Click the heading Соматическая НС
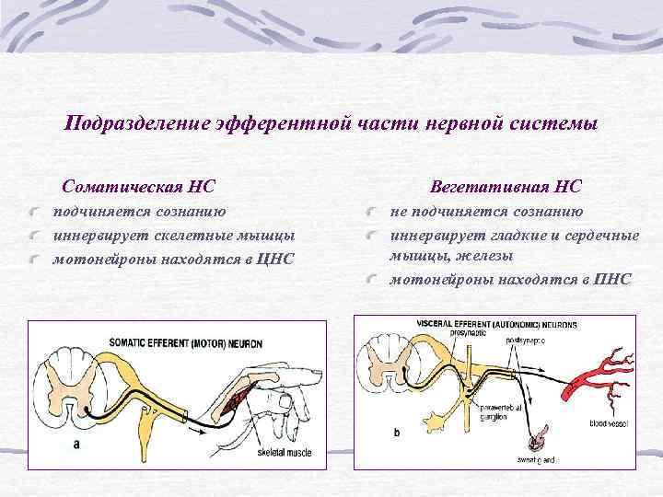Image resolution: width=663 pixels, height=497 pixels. coord(137,187)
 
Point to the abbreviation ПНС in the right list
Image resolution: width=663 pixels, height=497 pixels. coord(612,278)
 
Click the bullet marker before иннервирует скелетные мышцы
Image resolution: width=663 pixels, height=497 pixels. coord(33,237)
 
